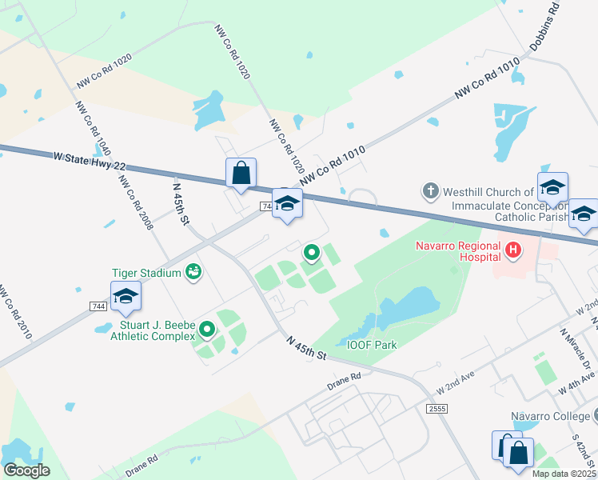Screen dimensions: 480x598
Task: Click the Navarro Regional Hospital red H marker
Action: [513, 251]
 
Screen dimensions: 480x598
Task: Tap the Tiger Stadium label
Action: [146, 274]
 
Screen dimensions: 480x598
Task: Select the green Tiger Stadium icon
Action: [193, 274]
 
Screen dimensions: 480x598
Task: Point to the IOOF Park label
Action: [372, 345]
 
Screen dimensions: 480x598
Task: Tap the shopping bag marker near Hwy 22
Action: [241, 174]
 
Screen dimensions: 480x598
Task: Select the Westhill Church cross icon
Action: [430, 192]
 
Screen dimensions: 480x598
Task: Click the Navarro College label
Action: [549, 416]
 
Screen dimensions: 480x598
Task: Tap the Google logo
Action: [26, 470]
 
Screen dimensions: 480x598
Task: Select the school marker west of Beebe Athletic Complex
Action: [126, 297]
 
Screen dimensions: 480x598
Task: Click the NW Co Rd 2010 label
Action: [15, 311]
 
